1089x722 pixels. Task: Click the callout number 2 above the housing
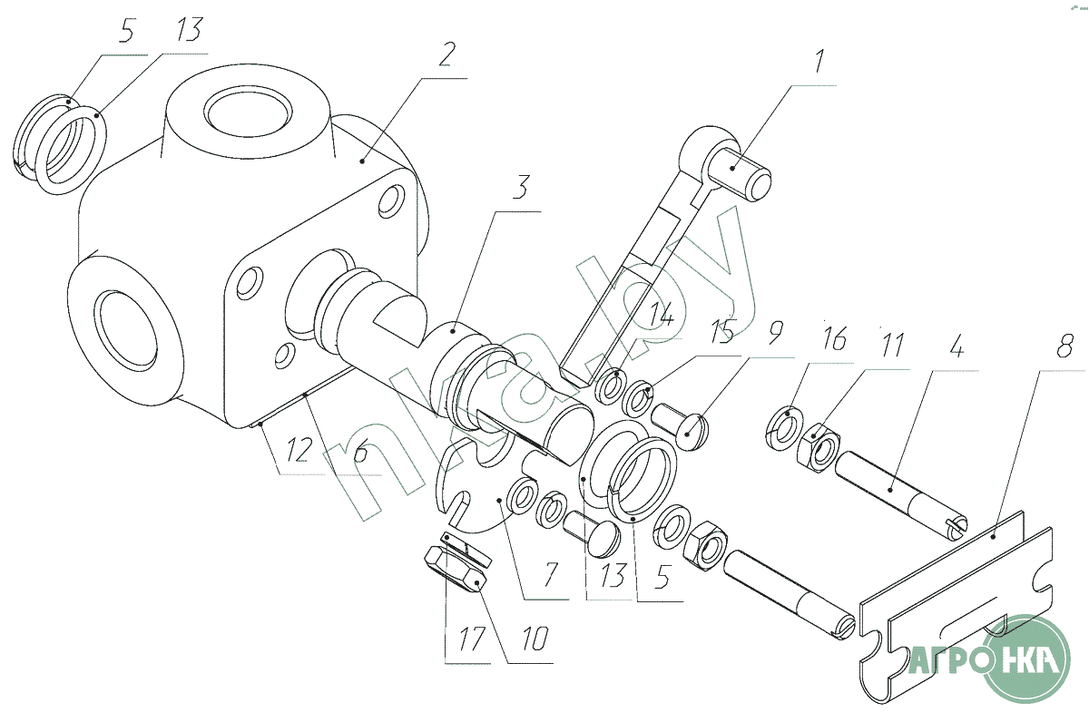coord(446,54)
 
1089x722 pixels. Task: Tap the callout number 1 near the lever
coord(819,62)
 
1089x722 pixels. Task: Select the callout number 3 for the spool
coord(520,187)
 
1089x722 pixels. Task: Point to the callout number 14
coord(662,312)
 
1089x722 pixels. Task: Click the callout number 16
coord(835,338)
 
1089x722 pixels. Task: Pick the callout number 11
coord(891,345)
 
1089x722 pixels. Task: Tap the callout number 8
coord(1065,346)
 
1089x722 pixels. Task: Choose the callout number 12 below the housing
coord(298,449)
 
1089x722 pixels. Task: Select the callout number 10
coord(535,638)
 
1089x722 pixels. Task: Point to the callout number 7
coord(550,575)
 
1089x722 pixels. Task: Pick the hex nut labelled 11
coord(819,446)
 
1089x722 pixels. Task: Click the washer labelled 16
coord(784,427)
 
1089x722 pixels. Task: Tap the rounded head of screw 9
coord(692,432)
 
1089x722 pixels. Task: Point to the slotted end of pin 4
coord(954,526)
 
